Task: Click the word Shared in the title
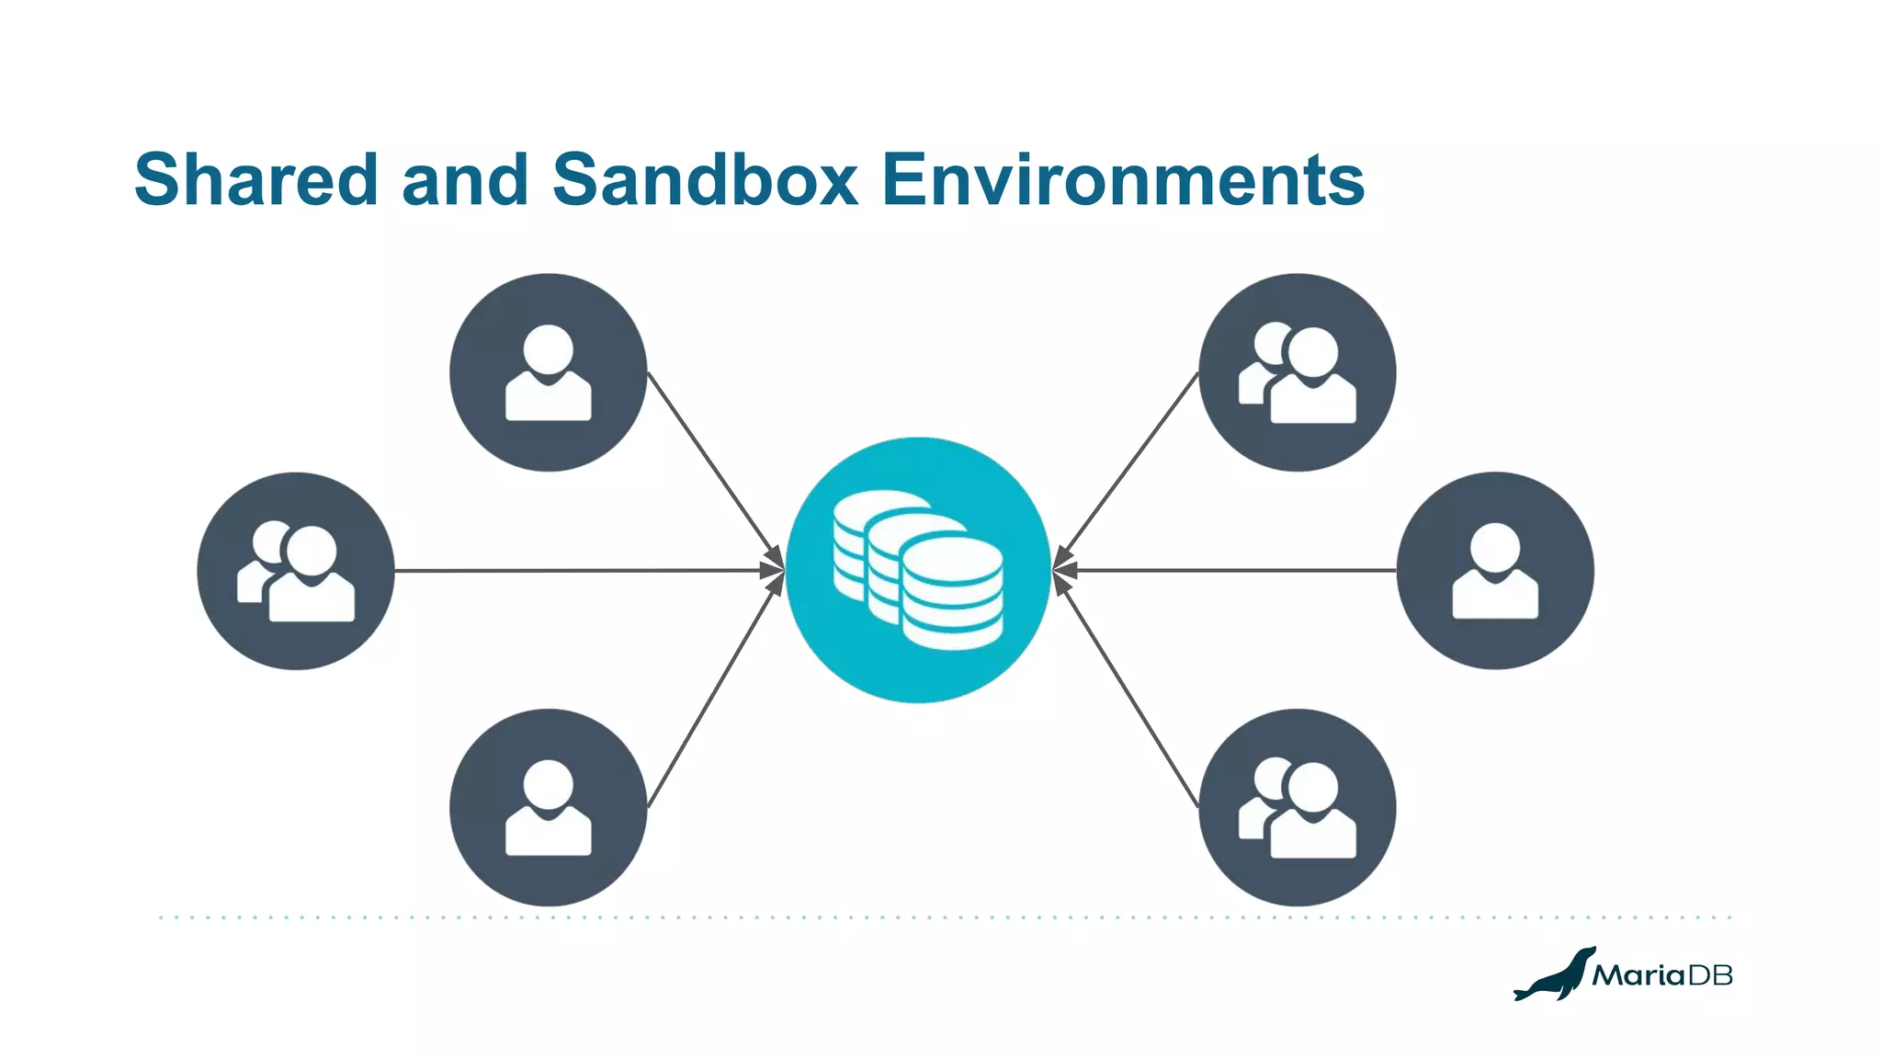(x=256, y=179)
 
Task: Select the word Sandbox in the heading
(x=705, y=179)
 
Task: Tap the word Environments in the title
(x=1123, y=179)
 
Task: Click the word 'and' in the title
(x=465, y=179)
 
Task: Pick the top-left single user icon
(x=549, y=372)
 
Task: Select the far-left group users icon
(x=296, y=571)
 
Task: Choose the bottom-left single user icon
(x=549, y=807)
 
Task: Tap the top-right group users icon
(x=1298, y=372)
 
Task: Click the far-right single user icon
(x=1495, y=571)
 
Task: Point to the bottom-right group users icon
(x=1298, y=807)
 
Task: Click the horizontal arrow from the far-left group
(x=588, y=571)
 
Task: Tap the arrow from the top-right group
(x=1130, y=464)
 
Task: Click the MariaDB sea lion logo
(x=1554, y=974)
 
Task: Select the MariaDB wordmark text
(x=1662, y=975)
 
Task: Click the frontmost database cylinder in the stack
(x=952, y=593)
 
